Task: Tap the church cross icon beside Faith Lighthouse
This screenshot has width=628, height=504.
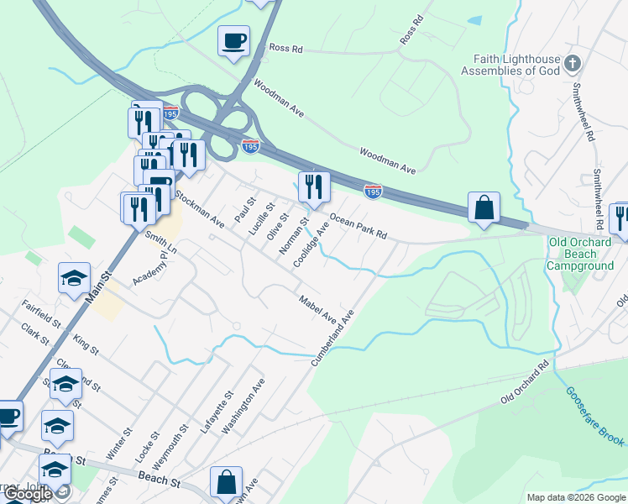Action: [572, 64]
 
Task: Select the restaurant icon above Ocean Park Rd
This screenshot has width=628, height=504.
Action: [314, 187]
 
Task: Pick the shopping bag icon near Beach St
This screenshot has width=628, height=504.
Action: [226, 482]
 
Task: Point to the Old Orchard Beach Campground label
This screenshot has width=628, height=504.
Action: [580, 254]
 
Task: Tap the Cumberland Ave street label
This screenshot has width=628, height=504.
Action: [333, 337]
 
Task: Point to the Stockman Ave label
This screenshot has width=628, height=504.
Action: [200, 210]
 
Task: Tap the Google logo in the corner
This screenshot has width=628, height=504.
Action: [28, 494]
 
